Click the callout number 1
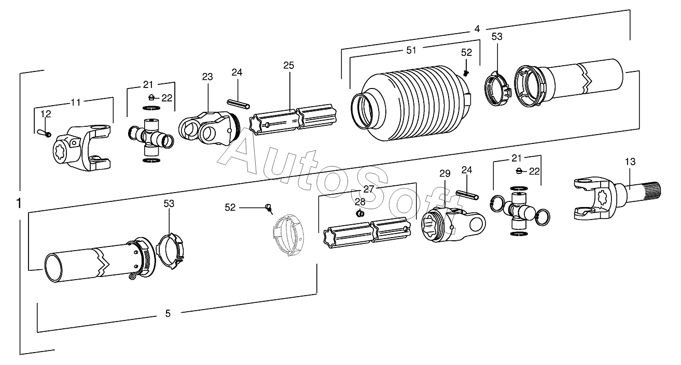tap(19, 203)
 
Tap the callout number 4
tap(477, 29)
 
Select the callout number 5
tap(168, 313)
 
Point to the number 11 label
tap(76, 102)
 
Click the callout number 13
tap(630, 162)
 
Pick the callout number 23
tap(207, 77)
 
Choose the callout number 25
tap(288, 65)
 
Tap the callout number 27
tap(369, 189)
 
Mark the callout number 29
tap(445, 173)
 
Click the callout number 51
tap(411, 50)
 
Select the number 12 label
tap(46, 114)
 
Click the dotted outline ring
tap(288, 236)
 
